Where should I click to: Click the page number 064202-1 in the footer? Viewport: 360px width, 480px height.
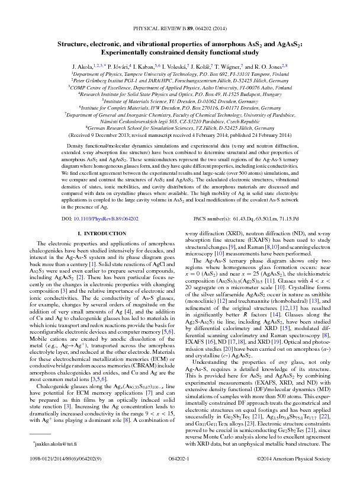[x=180, y=467]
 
